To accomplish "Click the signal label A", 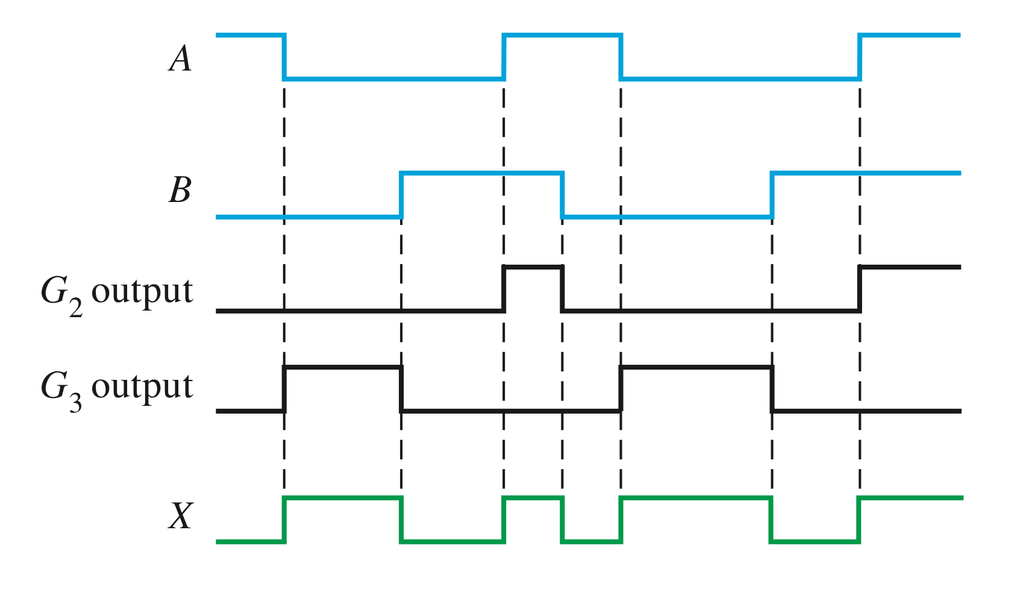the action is tap(180, 59).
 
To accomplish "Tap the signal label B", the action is tap(180, 190).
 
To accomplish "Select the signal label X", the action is tap(181, 516).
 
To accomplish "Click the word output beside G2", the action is tap(142, 292).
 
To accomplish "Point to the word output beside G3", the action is tap(142, 387).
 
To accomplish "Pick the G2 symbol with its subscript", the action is tap(61, 294).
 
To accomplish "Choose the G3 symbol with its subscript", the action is tap(61, 389).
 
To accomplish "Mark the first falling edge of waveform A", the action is tap(284, 57).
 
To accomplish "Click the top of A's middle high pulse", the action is tap(562, 36).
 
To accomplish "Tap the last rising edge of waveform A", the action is tap(860, 57).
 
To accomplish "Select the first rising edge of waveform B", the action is tap(401, 195).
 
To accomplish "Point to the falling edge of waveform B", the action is tap(562, 195).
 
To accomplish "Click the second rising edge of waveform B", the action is tap(772, 195).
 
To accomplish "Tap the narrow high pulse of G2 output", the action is tap(533, 267).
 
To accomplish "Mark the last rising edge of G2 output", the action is tap(860, 288).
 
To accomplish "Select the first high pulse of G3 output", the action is tap(342, 367).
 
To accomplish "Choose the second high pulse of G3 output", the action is tap(696, 367).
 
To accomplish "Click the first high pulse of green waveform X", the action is tap(342, 498).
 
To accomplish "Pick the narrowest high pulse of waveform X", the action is tap(533, 498).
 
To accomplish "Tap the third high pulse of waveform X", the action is tap(696, 498).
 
